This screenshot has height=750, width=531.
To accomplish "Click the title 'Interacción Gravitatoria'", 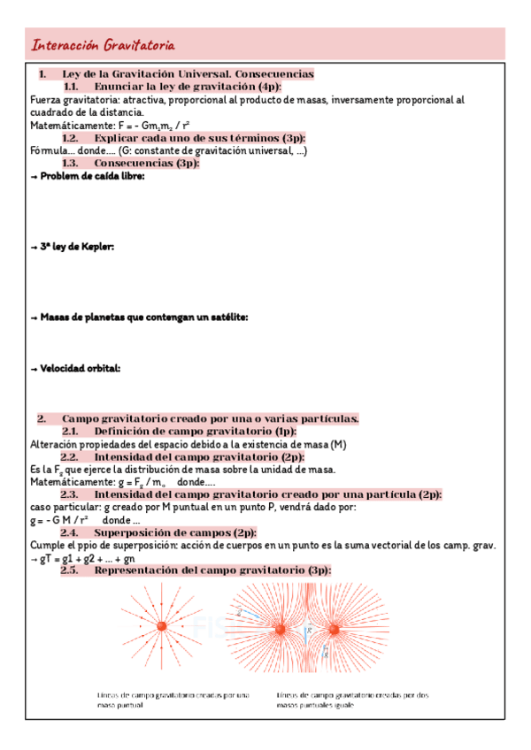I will (x=103, y=45).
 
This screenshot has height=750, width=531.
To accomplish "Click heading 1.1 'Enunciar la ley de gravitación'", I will (x=173, y=88).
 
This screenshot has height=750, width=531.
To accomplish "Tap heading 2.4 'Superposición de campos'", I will (x=158, y=533).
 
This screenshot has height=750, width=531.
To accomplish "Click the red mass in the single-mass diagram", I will (x=161, y=627).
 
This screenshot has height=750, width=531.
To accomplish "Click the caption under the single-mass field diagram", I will (x=173, y=700).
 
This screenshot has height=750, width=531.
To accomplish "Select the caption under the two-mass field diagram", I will (x=352, y=700).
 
